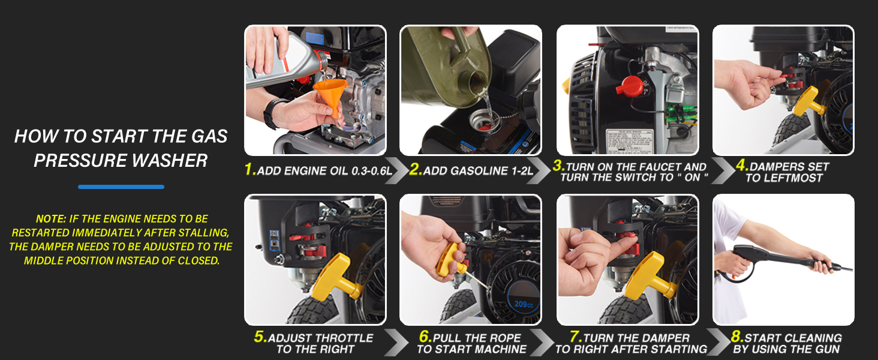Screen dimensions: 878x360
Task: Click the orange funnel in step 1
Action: tap(330, 96)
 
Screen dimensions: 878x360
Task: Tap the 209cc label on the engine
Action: tap(524, 304)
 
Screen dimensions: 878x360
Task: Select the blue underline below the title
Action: tap(121, 187)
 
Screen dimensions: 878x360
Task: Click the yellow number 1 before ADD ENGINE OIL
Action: tap(250, 169)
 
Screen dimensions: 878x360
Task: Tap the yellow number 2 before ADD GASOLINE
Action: tap(415, 169)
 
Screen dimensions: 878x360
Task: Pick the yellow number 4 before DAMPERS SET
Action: tap(742, 165)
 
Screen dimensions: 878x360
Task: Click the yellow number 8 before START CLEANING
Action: tap(737, 337)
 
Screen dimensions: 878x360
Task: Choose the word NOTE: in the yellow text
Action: tap(51, 219)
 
